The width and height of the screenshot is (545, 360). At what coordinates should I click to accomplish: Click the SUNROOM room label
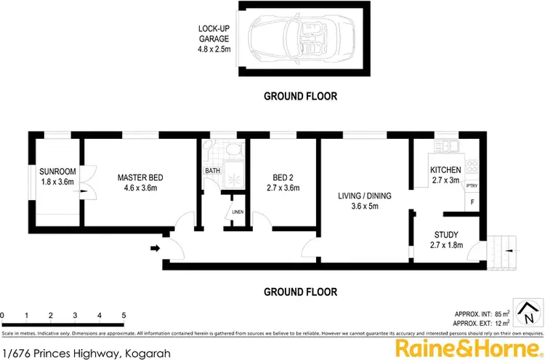[57, 177]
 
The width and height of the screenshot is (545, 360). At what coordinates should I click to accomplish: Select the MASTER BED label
[140, 182]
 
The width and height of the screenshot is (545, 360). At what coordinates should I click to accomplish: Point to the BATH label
[212, 171]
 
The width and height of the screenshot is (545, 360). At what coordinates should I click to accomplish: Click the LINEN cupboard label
[237, 212]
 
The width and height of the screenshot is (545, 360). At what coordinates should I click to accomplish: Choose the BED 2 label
[283, 182]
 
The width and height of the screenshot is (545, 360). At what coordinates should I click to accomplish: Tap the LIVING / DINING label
[366, 201]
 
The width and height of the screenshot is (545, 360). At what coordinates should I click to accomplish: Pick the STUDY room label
[445, 240]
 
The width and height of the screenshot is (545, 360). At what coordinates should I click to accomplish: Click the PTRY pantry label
[471, 185]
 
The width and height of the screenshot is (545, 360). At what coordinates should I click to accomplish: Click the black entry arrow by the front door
[155, 249]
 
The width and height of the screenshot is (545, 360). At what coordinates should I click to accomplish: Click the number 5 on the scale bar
[124, 315]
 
